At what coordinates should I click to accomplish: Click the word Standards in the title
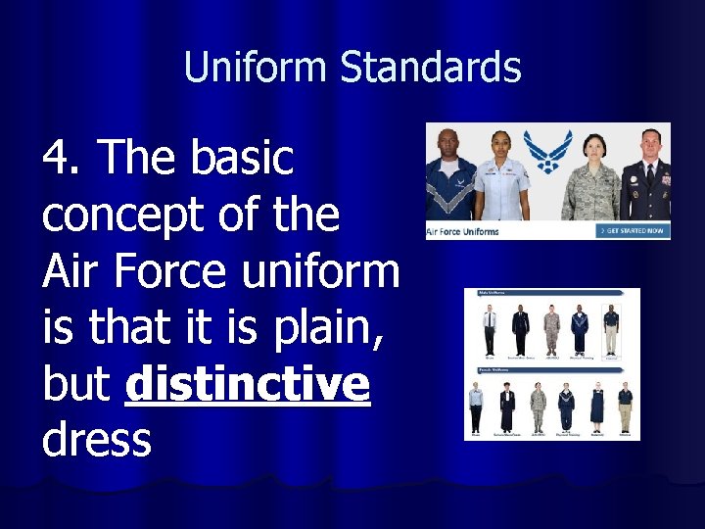pyautogui.click(x=431, y=68)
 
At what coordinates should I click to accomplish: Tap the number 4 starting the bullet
pyautogui.click(x=59, y=157)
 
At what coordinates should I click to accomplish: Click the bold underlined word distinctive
pyautogui.click(x=248, y=383)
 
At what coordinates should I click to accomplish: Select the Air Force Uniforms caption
pyautogui.click(x=463, y=231)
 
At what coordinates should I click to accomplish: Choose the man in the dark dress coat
pyautogui.click(x=647, y=176)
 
